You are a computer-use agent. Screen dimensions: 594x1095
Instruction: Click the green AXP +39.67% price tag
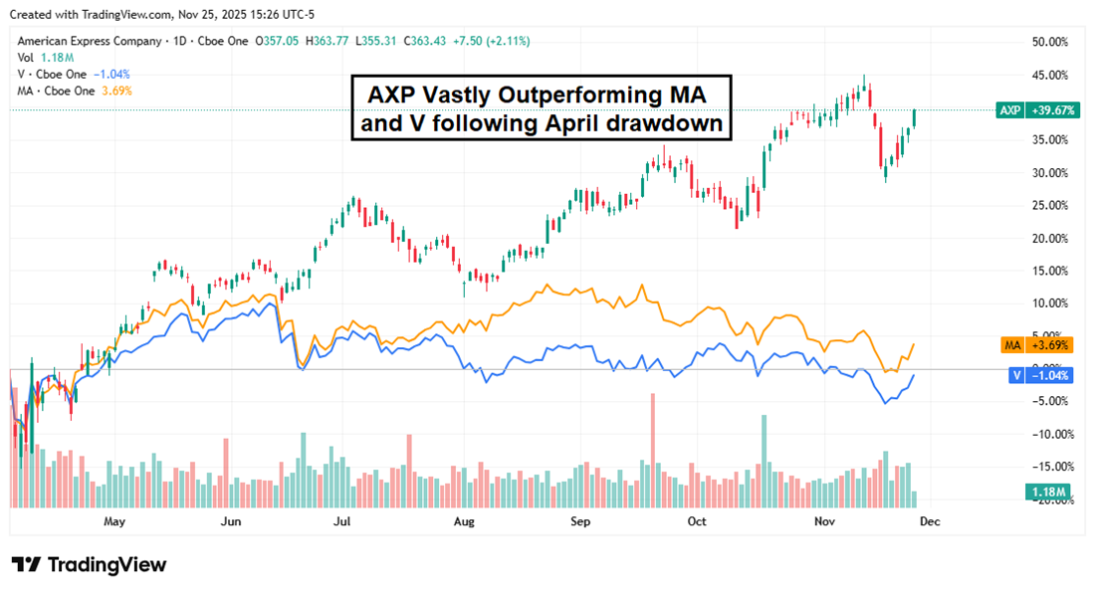(1037, 110)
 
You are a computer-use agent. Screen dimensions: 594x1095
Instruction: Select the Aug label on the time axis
(462, 520)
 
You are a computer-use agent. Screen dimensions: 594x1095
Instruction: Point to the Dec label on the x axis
(927, 520)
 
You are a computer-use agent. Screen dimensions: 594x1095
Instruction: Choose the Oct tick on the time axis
(696, 520)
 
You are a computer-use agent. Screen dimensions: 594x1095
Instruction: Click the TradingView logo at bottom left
(90, 564)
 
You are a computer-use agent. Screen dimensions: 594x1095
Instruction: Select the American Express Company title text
(89, 42)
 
